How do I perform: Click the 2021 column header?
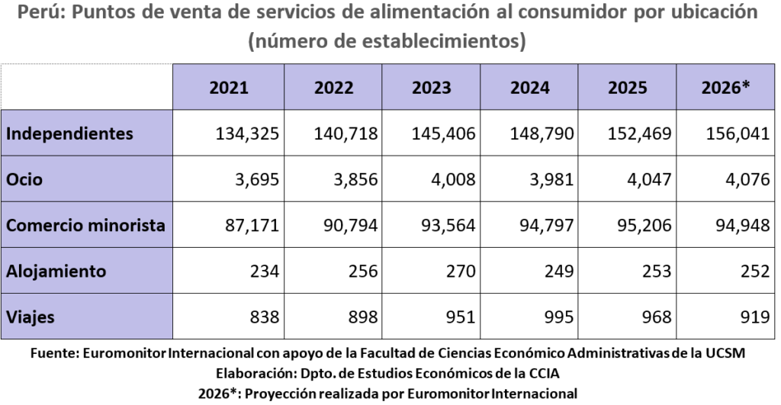click(229, 87)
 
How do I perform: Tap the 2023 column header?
click(432, 87)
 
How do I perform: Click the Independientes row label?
click(69, 133)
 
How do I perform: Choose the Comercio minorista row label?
click(85, 225)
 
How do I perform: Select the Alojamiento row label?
click(56, 271)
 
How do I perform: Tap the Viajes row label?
click(31, 317)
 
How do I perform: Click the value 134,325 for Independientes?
click(248, 133)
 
